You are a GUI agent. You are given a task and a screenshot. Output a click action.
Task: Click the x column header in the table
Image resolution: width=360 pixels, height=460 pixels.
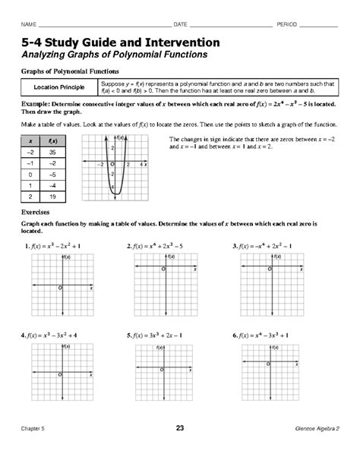pos(30,140)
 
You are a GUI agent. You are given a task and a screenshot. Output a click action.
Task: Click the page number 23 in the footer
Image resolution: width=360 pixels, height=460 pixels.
pos(179,430)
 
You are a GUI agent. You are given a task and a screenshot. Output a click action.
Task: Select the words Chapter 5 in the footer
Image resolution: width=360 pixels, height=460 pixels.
pos(33,430)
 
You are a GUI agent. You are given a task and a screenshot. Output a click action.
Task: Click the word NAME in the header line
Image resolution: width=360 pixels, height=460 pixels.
pos(27,17)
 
